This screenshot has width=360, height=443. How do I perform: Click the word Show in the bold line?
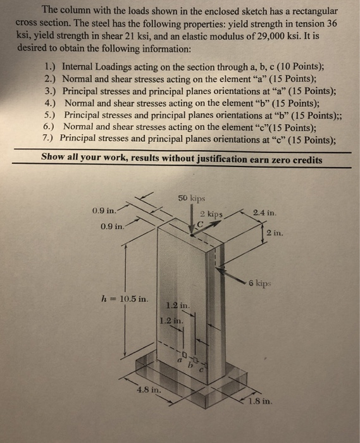(54, 159)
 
